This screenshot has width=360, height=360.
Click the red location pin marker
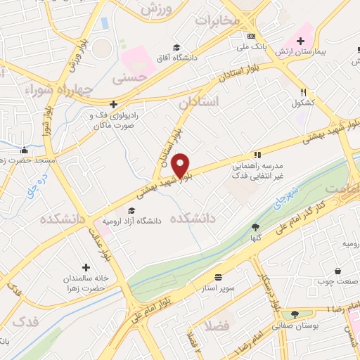(181, 165)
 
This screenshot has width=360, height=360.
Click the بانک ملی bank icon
(251, 36)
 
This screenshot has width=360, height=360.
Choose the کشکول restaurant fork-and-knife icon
(304, 92)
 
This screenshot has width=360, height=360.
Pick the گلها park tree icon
(255, 226)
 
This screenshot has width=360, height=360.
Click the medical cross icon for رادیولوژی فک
(112, 103)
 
